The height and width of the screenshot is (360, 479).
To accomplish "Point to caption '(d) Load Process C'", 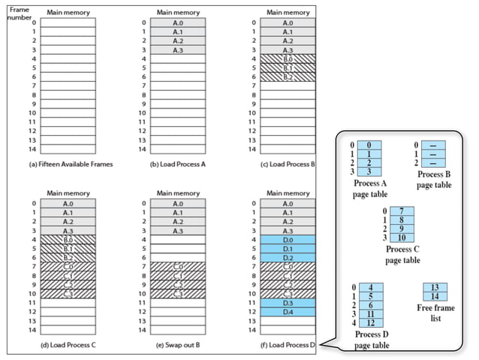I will coord(68,345).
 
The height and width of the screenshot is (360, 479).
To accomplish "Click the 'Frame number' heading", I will coord(19,13).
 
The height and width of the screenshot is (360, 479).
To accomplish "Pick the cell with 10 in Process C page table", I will coord(402,237).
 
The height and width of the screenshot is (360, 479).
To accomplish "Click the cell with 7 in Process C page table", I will coord(402,210).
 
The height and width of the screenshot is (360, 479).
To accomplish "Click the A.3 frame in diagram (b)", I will coord(177,50).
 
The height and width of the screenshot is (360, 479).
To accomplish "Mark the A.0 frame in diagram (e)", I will coord(177,203).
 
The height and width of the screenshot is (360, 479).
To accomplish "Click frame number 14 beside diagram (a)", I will coord(32,149).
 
